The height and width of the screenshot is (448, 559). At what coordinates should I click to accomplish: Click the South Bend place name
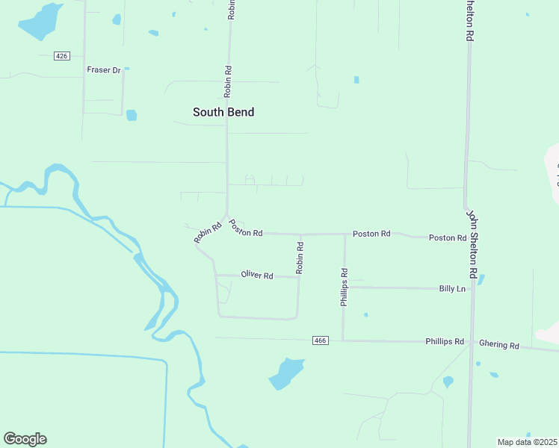tap(223, 112)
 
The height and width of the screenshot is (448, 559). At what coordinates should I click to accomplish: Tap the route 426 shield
tap(62, 56)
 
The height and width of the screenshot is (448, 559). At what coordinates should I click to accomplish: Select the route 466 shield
tap(321, 340)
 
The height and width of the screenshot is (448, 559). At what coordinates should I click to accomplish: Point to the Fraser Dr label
tap(104, 70)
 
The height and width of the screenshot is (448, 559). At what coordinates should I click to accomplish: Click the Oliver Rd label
tap(257, 276)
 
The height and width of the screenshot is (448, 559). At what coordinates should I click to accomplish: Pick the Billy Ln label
tap(452, 288)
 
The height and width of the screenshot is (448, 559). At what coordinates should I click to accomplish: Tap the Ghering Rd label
tap(499, 345)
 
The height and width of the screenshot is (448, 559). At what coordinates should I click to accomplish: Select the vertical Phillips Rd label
tap(345, 287)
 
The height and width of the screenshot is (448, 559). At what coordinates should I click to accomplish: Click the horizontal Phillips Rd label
tap(445, 341)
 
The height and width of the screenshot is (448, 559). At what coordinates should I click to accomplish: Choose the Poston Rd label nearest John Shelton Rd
tap(448, 237)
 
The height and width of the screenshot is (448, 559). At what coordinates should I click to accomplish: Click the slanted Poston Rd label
tap(246, 228)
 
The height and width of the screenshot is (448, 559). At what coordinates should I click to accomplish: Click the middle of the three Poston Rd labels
tap(371, 234)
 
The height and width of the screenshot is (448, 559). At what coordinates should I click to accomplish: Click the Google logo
tap(25, 439)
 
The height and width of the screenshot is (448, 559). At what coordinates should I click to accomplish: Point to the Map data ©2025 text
tap(527, 442)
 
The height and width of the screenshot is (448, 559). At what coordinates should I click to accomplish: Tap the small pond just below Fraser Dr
tap(132, 115)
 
